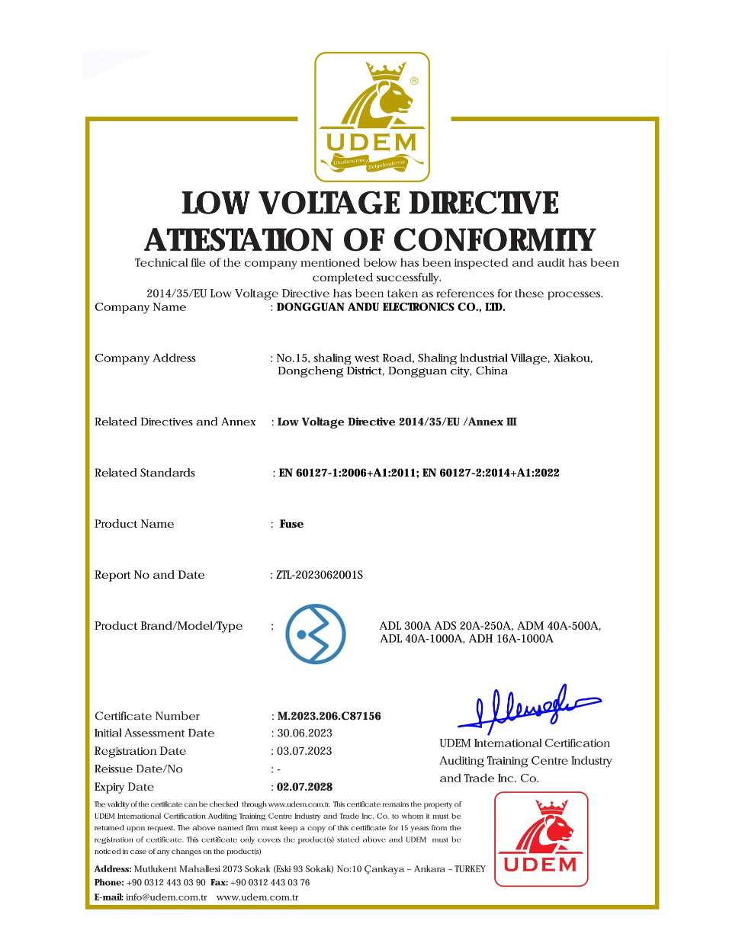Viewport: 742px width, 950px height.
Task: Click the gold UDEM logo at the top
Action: point(372,117)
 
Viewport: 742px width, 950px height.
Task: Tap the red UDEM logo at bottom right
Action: point(541,839)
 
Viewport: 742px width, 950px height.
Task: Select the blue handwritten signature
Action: point(529,706)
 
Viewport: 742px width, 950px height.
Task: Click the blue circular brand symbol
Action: point(315,634)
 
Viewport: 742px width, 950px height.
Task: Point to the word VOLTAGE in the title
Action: point(328,204)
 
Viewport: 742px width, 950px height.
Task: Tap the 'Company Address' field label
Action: point(145,358)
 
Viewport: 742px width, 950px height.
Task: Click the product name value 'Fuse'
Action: point(291,524)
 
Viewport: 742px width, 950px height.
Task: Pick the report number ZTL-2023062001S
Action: point(320,575)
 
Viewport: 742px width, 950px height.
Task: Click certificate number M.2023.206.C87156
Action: point(329,716)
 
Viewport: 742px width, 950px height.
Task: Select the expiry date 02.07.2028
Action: point(304,787)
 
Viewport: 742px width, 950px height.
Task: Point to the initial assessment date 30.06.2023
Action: point(304,733)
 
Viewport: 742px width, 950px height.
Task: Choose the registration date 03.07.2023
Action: point(304,751)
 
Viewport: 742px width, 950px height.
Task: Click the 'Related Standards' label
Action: point(145,473)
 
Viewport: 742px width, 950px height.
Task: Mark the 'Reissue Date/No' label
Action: point(139,769)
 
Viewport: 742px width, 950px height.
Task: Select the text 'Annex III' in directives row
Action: point(492,422)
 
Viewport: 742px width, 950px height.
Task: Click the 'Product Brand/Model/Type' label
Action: point(169,626)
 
